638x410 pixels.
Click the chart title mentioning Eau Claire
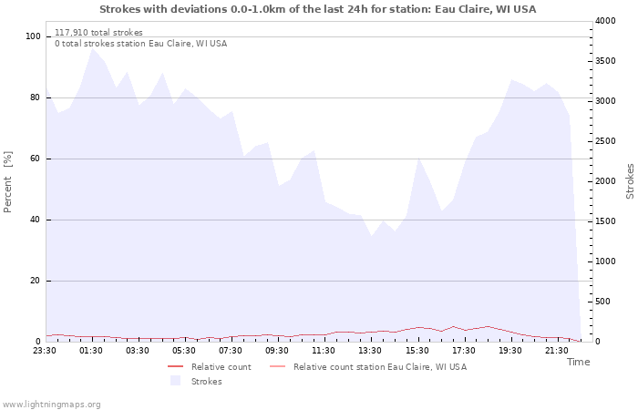tap(318, 9)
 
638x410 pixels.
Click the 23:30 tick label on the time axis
tap(45, 351)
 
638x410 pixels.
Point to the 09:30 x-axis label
tap(277, 351)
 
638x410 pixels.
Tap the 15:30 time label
tap(417, 351)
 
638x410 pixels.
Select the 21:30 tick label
tap(557, 351)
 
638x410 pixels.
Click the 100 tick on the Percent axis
tap(33, 36)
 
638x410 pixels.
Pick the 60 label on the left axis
tap(36, 159)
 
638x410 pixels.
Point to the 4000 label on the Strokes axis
tap(605, 21)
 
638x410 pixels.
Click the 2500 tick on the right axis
tap(605, 141)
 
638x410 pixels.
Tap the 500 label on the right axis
tap(602, 302)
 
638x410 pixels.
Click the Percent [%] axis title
tap(7, 182)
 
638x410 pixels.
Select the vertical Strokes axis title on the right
tap(630, 181)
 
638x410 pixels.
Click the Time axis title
tap(578, 362)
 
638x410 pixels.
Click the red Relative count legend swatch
tap(176, 367)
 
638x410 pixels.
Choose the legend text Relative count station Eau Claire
tap(380, 367)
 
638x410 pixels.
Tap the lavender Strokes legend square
tap(176, 381)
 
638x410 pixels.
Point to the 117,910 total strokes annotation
tap(98, 33)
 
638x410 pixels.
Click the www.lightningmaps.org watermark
tap(51, 405)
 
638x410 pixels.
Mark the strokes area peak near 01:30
tap(92, 49)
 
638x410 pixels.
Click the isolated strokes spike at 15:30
tap(418, 158)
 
